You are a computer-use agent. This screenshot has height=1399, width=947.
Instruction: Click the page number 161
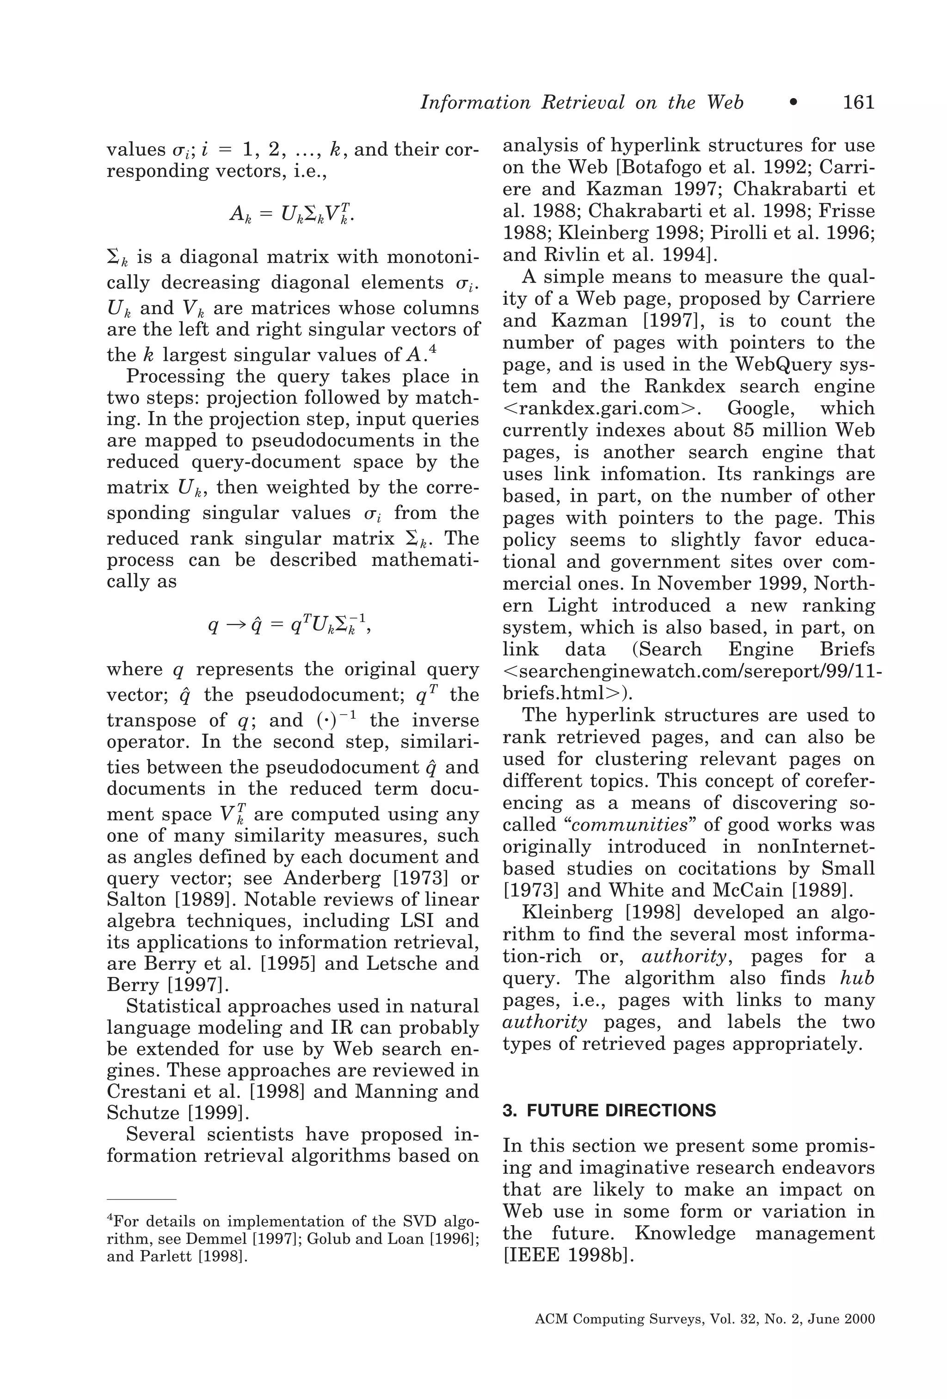click(x=858, y=102)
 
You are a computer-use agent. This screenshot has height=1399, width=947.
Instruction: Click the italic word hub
click(x=857, y=978)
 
